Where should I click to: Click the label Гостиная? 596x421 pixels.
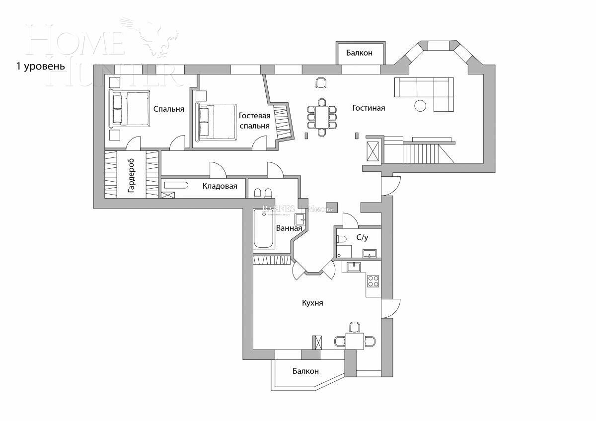coord(369,108)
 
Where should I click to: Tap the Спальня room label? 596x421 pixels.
coord(169,109)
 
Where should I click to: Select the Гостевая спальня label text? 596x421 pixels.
coord(254,121)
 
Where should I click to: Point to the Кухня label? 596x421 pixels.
coord(312,302)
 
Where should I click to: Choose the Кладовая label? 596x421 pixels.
coord(220,186)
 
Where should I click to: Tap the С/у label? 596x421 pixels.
coord(362,238)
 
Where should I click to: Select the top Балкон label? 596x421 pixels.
coord(359,53)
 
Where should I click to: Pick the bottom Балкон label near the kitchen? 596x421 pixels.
coord(305,371)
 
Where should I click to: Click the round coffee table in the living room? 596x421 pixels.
coord(421,106)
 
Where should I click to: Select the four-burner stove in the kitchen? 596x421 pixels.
coord(372,281)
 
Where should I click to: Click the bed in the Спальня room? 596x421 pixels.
coord(130,108)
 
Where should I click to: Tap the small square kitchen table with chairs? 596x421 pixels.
coord(355,341)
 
